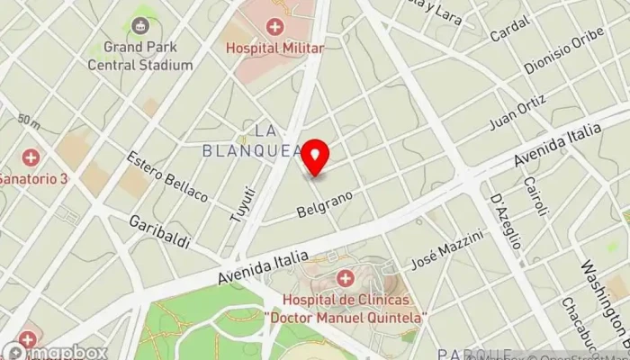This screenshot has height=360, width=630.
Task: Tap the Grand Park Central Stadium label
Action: click(x=140, y=55)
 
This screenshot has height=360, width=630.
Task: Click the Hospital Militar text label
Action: click(x=274, y=48)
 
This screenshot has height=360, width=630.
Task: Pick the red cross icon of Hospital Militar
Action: click(x=274, y=26)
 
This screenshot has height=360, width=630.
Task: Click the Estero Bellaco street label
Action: click(x=167, y=176)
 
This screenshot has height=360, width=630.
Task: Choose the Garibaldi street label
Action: click(x=159, y=230)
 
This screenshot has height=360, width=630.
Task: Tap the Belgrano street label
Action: click(x=324, y=204)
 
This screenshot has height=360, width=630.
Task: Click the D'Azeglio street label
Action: click(x=506, y=221)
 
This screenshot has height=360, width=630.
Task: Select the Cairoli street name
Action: click(x=535, y=195)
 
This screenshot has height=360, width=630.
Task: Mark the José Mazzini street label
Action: click(x=447, y=249)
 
